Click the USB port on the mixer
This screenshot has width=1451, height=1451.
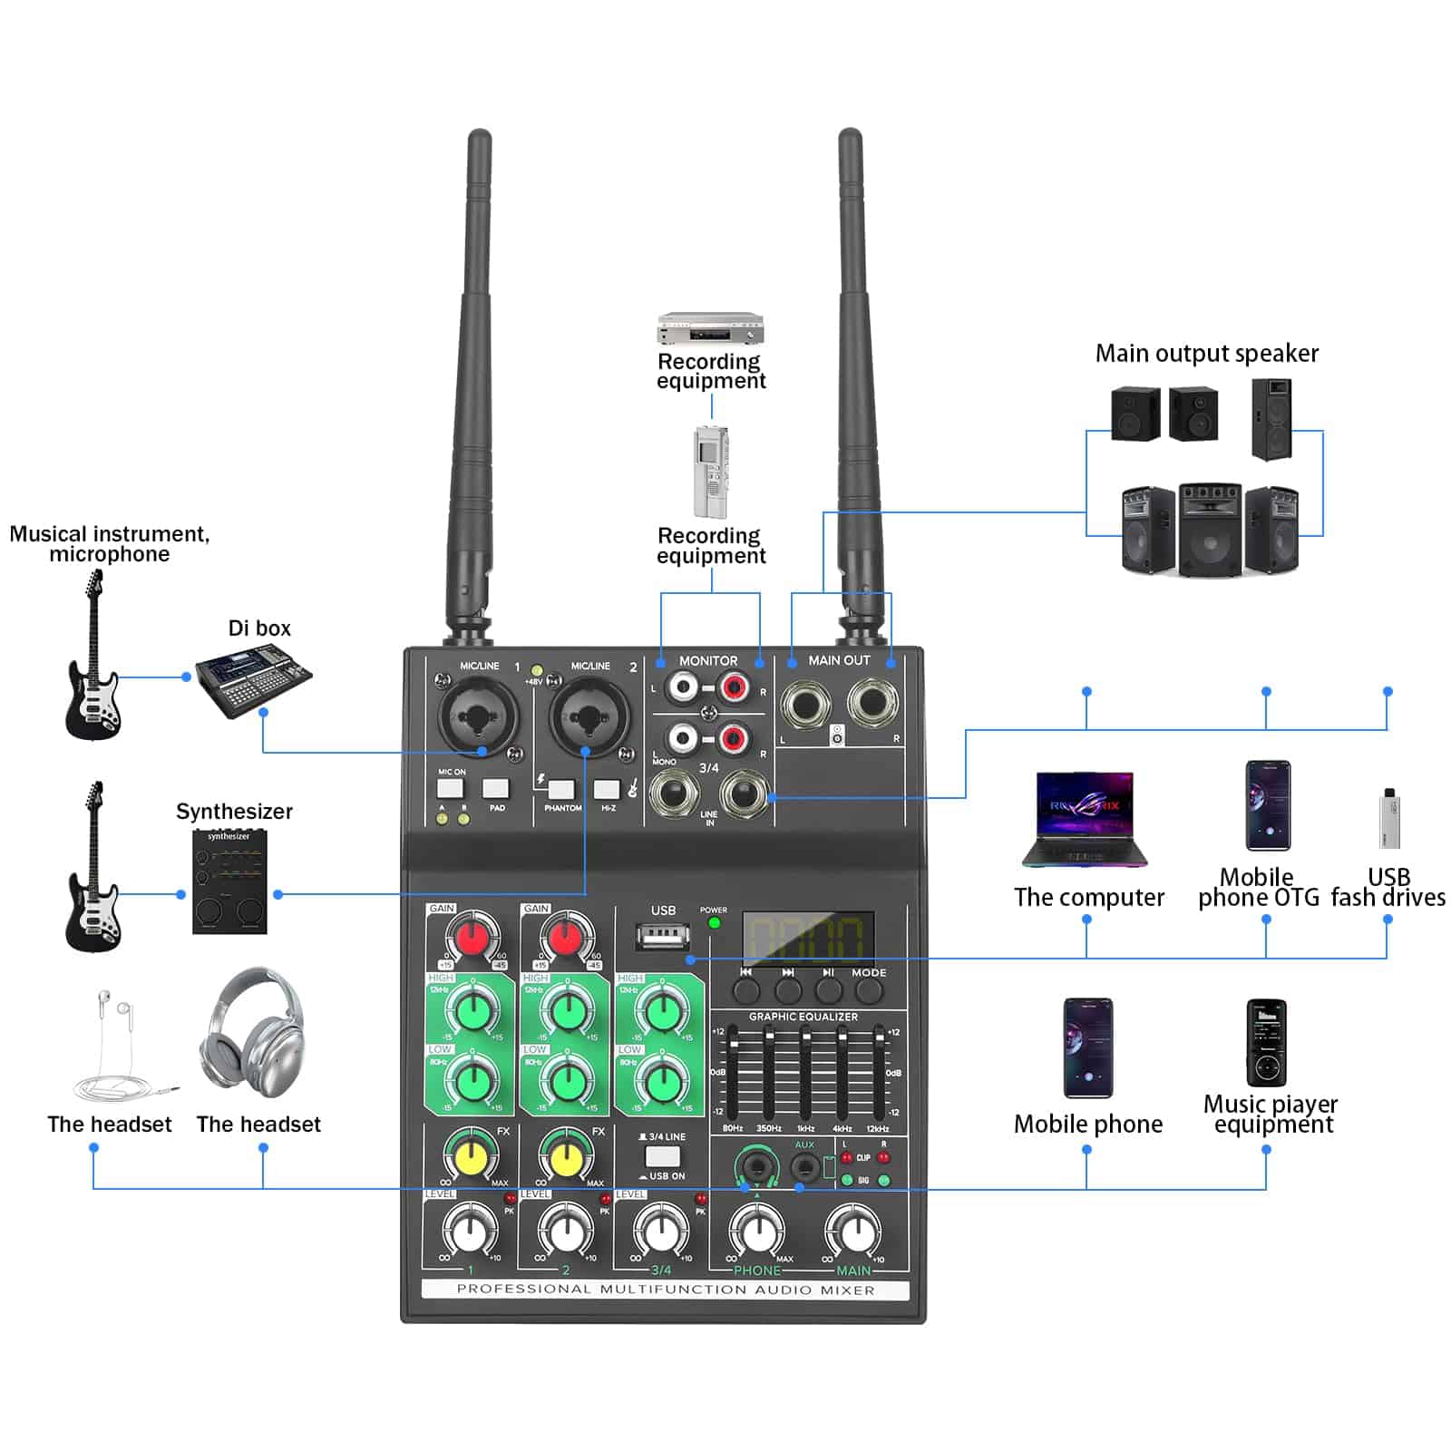point(663,935)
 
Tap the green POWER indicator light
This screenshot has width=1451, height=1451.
point(714,923)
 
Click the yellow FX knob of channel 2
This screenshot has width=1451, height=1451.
point(567,1157)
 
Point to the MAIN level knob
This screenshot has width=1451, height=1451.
point(853,1232)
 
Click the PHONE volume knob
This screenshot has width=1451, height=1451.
point(757,1232)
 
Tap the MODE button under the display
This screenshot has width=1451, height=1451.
point(869,990)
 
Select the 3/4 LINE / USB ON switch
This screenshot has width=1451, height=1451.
point(662,1156)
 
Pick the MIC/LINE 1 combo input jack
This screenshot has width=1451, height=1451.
point(478,716)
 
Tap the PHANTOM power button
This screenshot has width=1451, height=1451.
point(561,788)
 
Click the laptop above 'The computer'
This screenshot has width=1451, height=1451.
point(1085,819)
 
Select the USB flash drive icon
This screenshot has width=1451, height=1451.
point(1388,819)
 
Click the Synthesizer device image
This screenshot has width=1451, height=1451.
point(229,881)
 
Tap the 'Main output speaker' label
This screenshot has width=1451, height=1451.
point(1206,354)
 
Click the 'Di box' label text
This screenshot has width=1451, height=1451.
point(259,628)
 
